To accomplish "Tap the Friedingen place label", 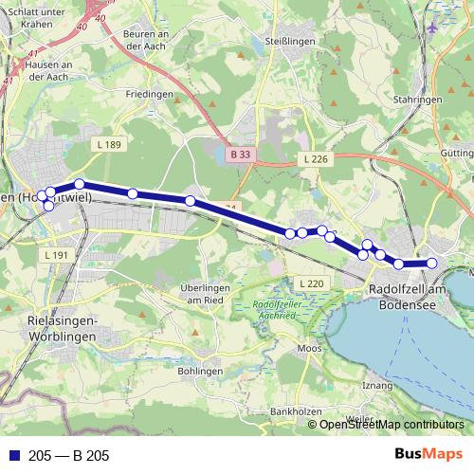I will coord(150,95).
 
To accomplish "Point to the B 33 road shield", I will coord(241,153).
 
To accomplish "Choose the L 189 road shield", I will coord(110,144).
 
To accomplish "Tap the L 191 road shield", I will coord(58,255).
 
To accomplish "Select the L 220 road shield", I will coord(311,283).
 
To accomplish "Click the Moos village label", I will coord(309,349).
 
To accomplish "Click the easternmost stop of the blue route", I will coord(431,264).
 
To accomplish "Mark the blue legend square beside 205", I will coord(12,456).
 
